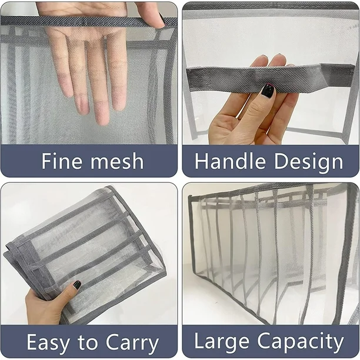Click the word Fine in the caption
pyautogui.click(x=62, y=161)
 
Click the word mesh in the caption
pyautogui.click(x=117, y=161)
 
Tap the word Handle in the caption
pyautogui.click(x=230, y=161)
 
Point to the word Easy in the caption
pyautogui.click(x=48, y=343)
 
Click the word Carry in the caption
pyautogui.click(x=132, y=343)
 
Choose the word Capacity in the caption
pyautogui.click(x=301, y=342)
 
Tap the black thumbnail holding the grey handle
pyautogui.click(x=268, y=91)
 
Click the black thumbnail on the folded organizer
pyautogui.click(x=77, y=285)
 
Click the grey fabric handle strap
pyautogui.click(x=271, y=77)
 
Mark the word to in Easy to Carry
pyautogui.click(x=88, y=343)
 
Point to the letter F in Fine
pyautogui.click(x=47, y=161)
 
